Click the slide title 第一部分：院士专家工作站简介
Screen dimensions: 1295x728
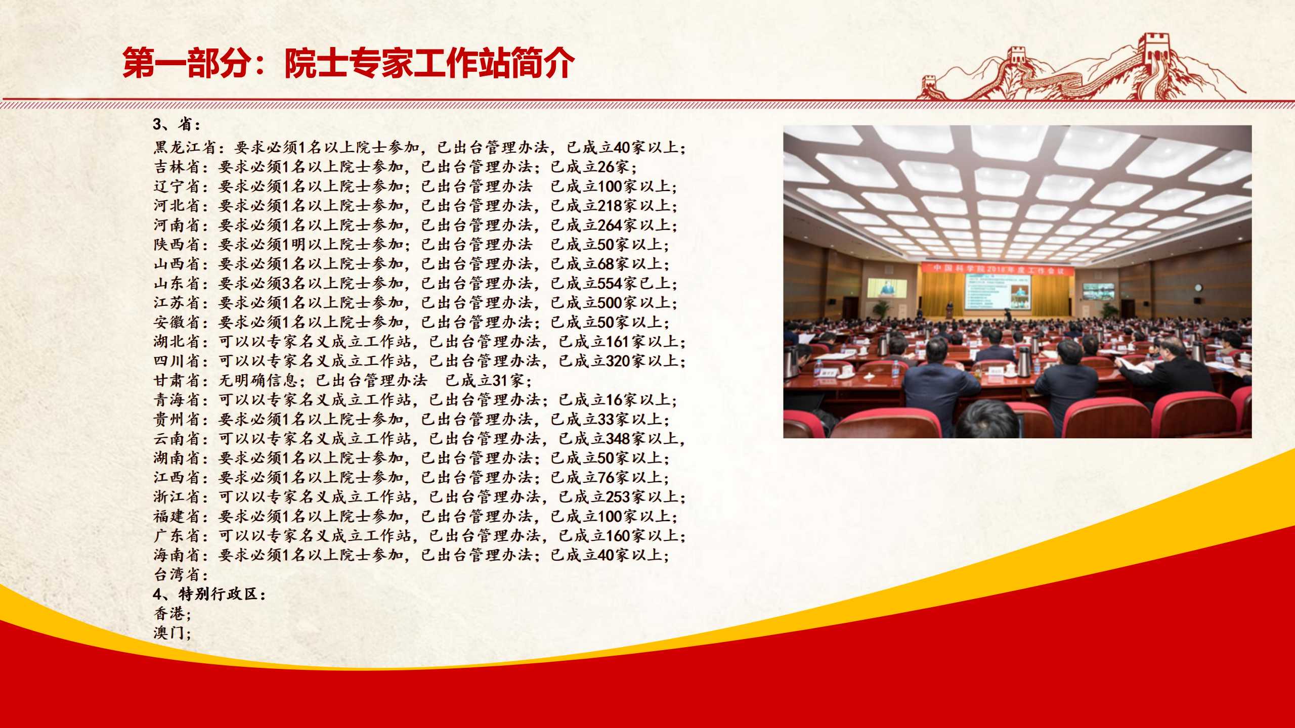point(349,63)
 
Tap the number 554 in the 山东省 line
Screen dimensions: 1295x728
point(610,283)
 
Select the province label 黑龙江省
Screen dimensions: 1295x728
point(186,148)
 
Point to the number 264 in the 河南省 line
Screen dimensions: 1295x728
point(610,225)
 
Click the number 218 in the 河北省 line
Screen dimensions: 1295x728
point(610,206)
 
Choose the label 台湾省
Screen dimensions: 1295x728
point(178,574)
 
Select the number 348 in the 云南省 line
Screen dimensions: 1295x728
point(618,438)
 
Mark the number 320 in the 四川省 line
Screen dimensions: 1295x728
point(618,361)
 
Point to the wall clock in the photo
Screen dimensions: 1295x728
point(1198,288)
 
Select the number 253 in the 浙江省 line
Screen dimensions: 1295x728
point(618,497)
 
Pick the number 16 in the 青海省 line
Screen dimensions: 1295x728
point(614,400)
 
